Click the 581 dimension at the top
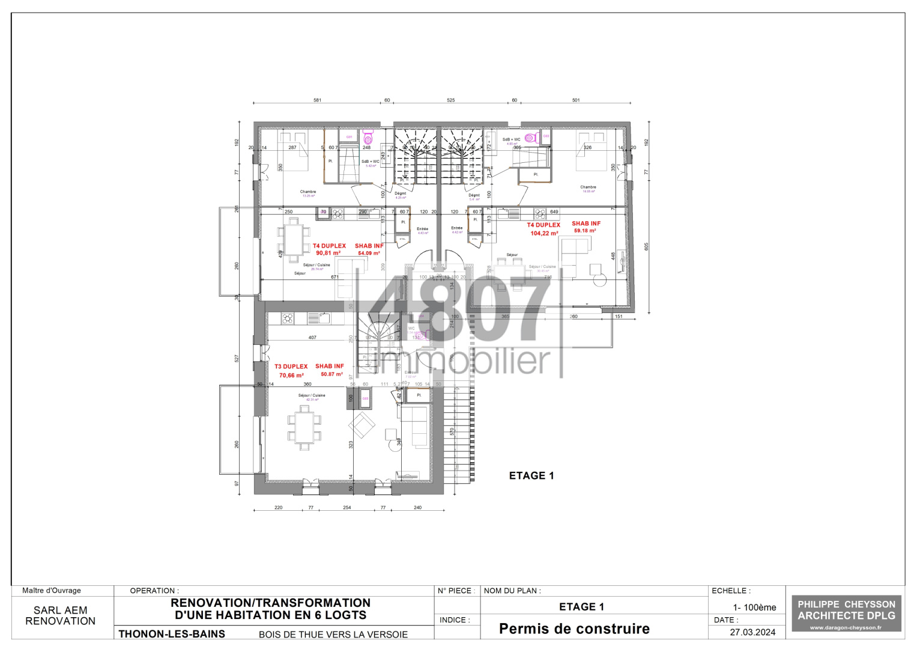[317, 100]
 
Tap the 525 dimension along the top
[450, 100]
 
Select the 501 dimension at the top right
[576, 100]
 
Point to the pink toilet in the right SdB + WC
[531, 138]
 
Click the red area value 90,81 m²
[328, 254]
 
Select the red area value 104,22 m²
[544, 234]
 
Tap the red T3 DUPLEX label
[291, 367]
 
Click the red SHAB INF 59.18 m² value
[585, 231]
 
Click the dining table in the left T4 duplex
[294, 240]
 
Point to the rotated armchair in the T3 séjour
[362, 425]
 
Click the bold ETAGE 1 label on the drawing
[531, 476]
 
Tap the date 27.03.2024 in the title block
[752, 632]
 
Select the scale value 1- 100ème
[754, 608]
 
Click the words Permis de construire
[574, 629]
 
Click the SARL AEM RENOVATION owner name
[61, 616]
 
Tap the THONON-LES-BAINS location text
[172, 634]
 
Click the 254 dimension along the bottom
[347, 508]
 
